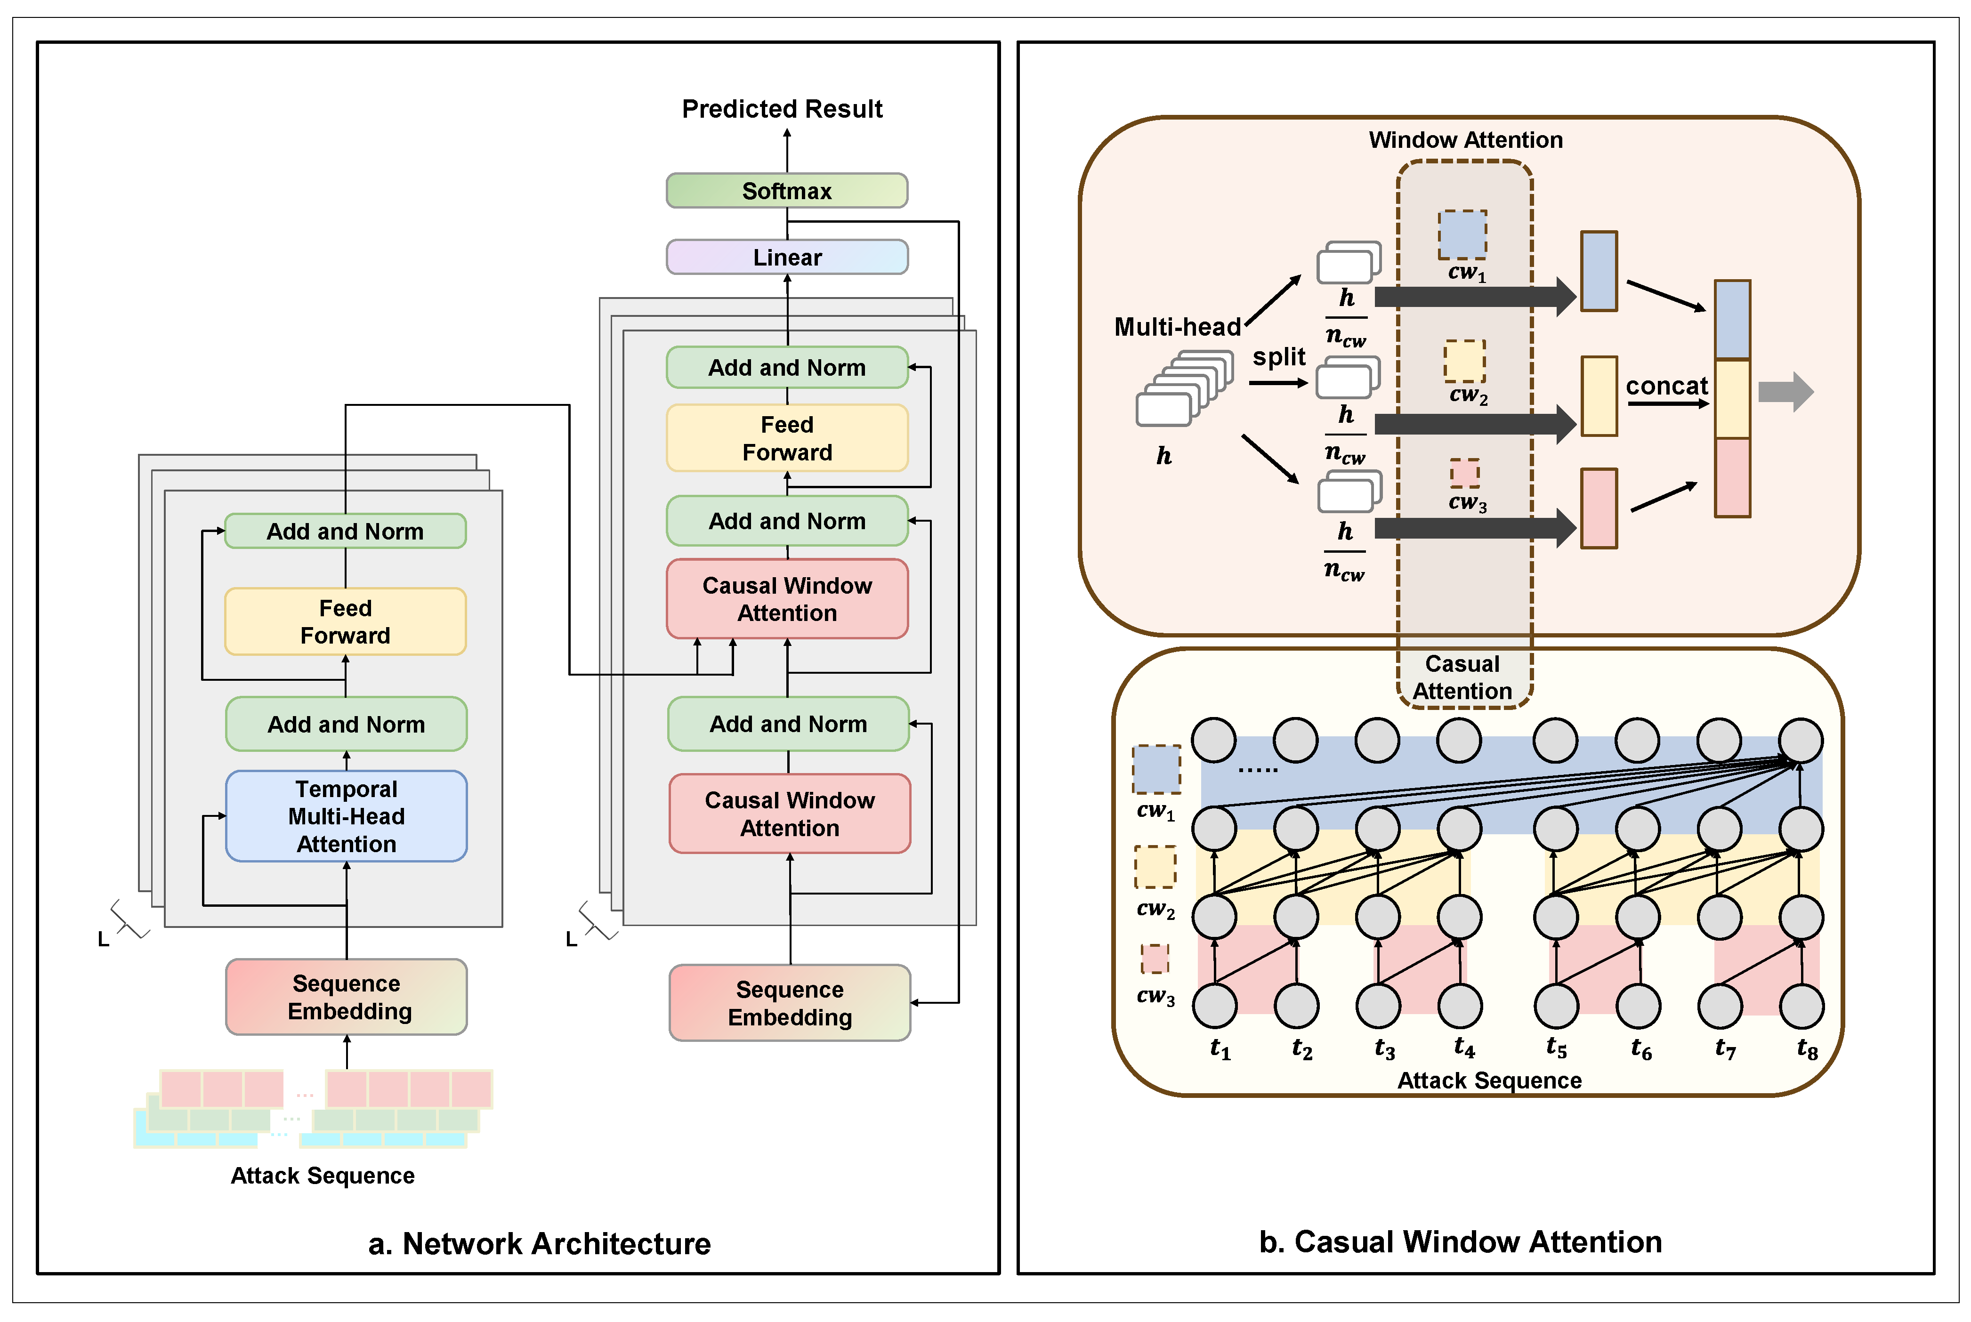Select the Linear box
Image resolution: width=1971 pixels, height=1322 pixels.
[x=786, y=257]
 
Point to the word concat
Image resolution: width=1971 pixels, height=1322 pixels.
[x=1666, y=386]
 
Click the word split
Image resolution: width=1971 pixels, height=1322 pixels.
[x=1278, y=357]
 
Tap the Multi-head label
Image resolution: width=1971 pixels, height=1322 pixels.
[x=1177, y=326]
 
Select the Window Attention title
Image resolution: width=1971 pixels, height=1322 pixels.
[x=1465, y=140]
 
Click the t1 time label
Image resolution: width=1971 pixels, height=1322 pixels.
[x=1220, y=1049]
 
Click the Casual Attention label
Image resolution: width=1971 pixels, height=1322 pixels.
[x=1462, y=677]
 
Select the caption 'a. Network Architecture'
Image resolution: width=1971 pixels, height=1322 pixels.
[x=540, y=1243]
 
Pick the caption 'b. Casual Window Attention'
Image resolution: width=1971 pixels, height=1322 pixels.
[x=1460, y=1242]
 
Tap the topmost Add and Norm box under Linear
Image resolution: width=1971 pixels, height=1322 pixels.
[x=786, y=368]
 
